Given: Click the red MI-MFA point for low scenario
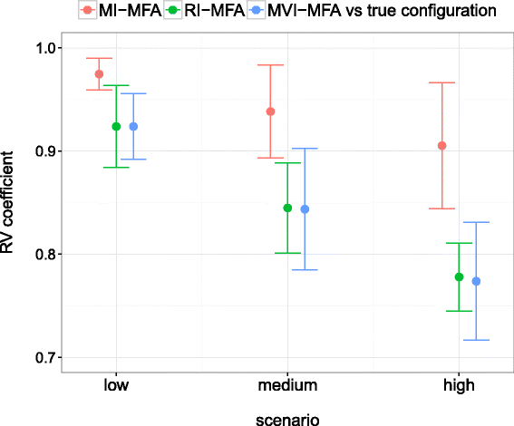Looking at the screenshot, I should (x=99, y=74).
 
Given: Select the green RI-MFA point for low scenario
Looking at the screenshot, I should (x=116, y=127).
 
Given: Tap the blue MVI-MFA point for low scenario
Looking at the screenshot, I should (x=133, y=127).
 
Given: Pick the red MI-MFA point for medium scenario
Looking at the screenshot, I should (x=270, y=111).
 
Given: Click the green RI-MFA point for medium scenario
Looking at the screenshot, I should (x=287, y=208).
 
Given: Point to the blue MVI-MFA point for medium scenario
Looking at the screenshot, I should (x=305, y=209).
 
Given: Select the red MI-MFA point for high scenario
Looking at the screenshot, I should (x=441, y=146).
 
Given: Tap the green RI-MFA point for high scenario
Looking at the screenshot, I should (x=459, y=276).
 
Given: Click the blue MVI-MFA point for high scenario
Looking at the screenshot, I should (x=476, y=281).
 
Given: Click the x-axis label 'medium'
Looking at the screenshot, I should (x=287, y=385).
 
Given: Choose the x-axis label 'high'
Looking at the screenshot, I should (x=459, y=385).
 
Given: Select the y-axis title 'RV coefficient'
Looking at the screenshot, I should (x=11, y=204).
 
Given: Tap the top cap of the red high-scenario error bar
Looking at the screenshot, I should (x=441, y=82).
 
